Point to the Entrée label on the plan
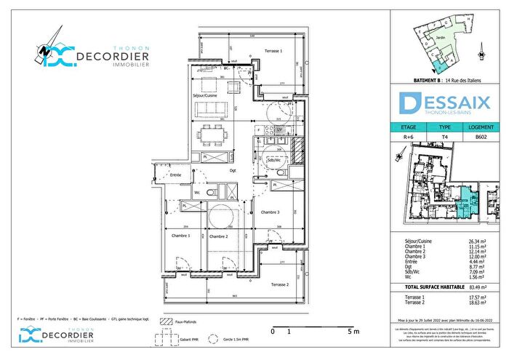click(175, 175)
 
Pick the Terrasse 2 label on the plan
click(279, 284)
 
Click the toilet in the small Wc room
click(212, 193)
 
